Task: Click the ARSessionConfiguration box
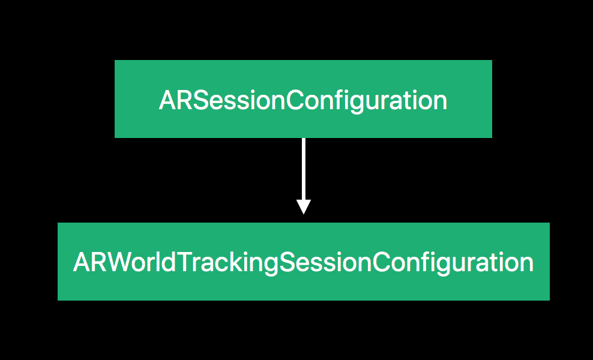[303, 98]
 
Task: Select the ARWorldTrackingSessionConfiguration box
[303, 262]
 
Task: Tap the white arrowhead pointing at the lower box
[303, 207]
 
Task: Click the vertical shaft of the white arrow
[303, 169]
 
